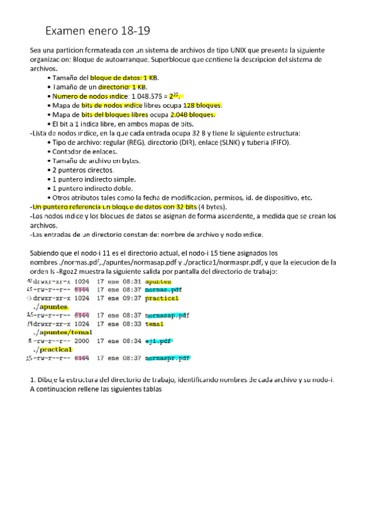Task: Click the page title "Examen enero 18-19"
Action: click(x=97, y=31)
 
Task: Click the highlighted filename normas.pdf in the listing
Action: click(x=164, y=290)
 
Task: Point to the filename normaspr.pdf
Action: click(x=167, y=359)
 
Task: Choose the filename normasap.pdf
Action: click(x=167, y=316)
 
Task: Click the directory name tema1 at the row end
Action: click(x=154, y=324)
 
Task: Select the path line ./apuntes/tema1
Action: click(x=62, y=332)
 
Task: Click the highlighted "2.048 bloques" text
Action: click(x=193, y=114)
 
